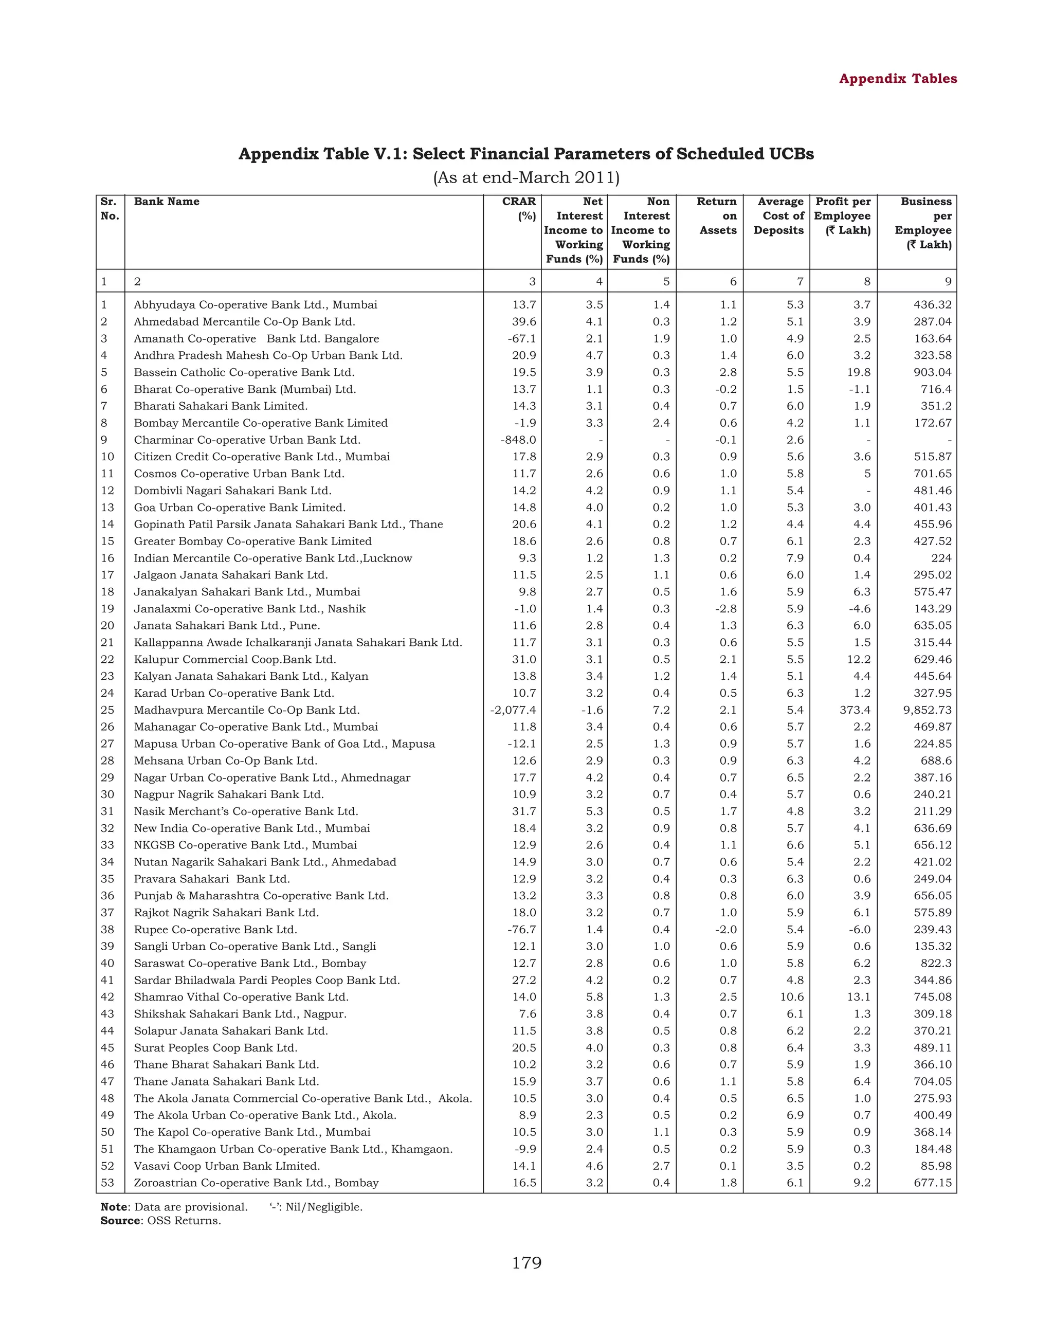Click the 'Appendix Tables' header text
point(897,79)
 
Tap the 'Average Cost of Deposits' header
point(779,216)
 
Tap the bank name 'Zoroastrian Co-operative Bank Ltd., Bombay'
point(256,1182)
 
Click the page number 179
point(526,1263)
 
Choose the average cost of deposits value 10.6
point(792,997)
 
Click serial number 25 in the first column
point(107,710)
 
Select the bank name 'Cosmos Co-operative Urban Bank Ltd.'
point(239,474)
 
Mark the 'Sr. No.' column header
point(109,208)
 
